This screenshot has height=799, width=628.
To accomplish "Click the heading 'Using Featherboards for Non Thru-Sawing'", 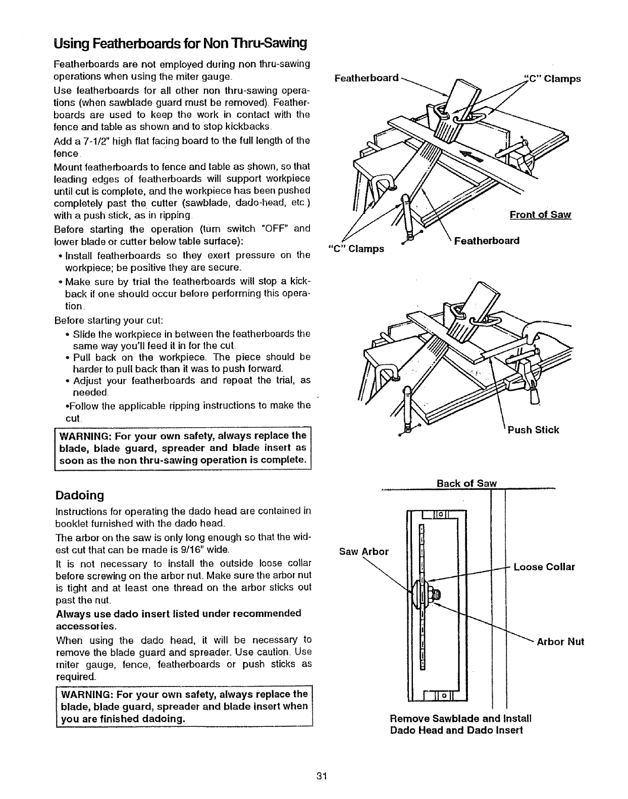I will (180, 43).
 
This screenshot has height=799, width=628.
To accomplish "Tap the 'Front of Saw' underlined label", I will (540, 215).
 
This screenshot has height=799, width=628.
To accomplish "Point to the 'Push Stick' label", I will (533, 430).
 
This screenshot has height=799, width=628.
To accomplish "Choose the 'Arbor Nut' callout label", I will (560, 642).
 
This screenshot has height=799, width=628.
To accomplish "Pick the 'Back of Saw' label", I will (467, 483).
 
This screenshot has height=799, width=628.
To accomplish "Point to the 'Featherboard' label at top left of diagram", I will (367, 78).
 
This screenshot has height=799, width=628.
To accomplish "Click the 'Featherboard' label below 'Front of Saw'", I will (487, 241).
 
